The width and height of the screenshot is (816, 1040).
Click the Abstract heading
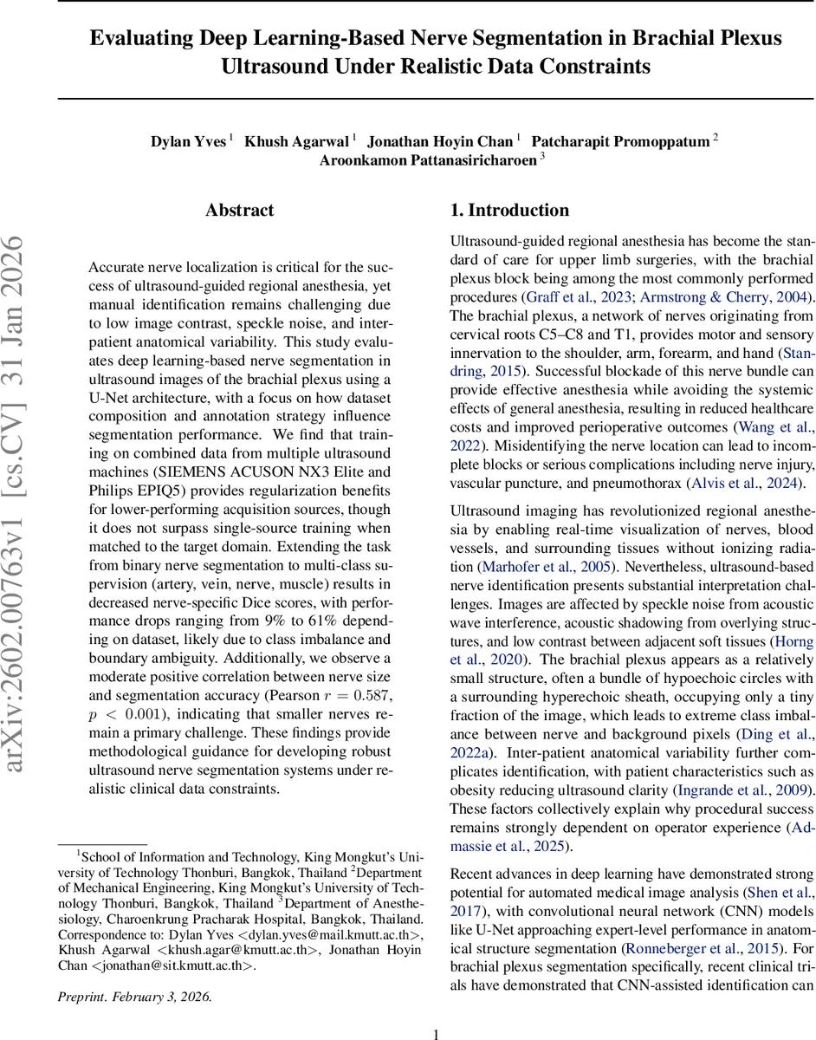pos(239,211)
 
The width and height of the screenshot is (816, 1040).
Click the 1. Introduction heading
pos(509,211)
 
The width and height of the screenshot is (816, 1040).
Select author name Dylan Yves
pos(189,141)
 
